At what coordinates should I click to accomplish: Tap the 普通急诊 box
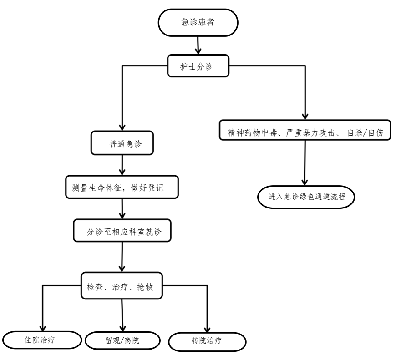click(122, 143)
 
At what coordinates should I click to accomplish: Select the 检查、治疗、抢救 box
click(122, 286)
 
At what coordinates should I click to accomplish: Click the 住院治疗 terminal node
click(44, 339)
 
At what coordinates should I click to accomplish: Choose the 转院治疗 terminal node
click(208, 341)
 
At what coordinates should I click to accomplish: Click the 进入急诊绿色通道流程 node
click(305, 196)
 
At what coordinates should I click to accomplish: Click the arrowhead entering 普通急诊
click(122, 128)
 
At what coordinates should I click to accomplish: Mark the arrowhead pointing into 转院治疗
click(208, 329)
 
